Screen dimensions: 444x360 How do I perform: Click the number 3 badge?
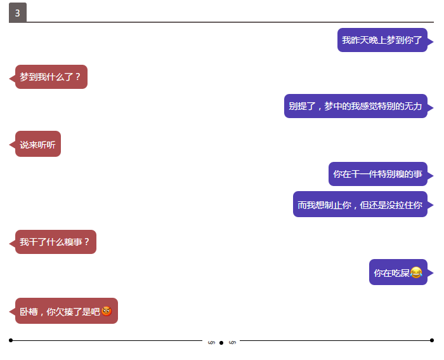pos(18,13)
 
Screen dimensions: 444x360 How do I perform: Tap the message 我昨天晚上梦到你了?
pos(382,40)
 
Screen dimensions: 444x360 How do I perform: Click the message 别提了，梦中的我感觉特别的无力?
pos(356,106)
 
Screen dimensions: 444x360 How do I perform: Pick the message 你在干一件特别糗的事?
pos(378,174)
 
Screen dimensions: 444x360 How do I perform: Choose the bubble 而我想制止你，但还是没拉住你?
pos(360,204)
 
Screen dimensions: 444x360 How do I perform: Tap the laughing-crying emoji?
pos(416,272)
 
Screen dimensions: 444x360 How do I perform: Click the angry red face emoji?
pos(107,311)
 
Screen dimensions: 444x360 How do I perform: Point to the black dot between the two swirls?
pos(221,343)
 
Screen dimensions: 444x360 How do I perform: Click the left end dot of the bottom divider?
pos(11,340)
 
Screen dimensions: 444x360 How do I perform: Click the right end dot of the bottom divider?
pos(432,340)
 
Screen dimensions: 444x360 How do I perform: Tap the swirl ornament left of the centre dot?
pos(211,343)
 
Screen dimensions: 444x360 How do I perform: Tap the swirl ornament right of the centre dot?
pos(233,343)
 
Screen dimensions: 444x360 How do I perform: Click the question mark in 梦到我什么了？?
pos(78,77)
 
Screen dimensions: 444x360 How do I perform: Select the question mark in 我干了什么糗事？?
pos(87,242)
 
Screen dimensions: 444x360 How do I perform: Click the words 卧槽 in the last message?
pos(29,312)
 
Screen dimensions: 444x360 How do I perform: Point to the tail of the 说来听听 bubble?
pos(12,145)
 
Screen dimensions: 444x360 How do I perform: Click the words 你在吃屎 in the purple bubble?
pos(391,273)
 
